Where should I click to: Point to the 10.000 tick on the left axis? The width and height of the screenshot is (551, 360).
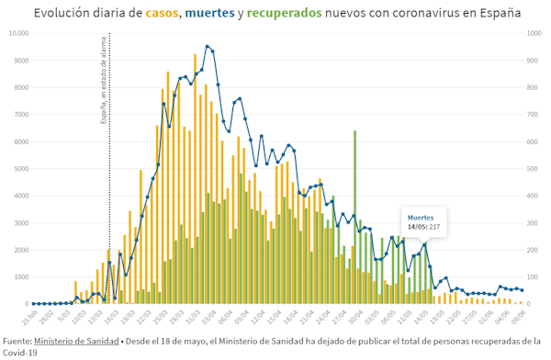point(17,34)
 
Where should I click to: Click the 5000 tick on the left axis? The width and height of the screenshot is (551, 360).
point(19,169)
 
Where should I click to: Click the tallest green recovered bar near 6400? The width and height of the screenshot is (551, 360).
point(354,218)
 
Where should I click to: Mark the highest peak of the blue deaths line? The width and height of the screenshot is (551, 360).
point(208,46)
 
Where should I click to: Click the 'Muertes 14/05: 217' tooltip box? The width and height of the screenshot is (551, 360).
point(423,221)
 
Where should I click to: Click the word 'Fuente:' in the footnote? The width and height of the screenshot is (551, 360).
point(17,340)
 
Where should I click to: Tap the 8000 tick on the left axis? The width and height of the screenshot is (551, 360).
point(19,88)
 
